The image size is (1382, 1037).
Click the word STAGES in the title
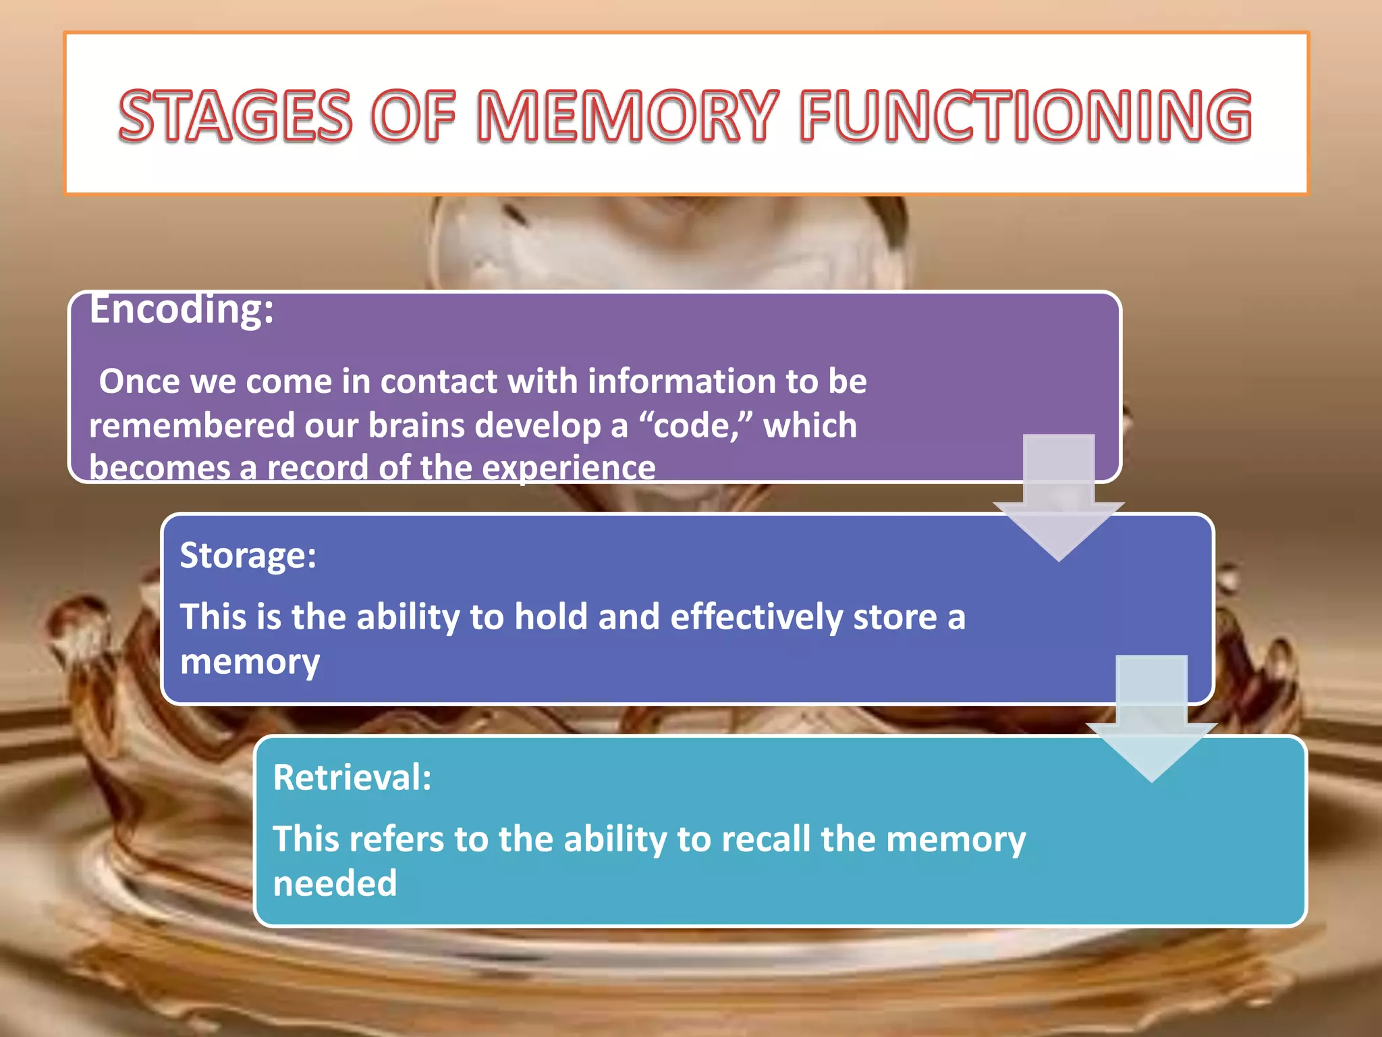pyautogui.click(x=235, y=116)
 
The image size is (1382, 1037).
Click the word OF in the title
pyautogui.click(x=413, y=116)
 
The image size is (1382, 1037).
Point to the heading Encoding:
pyautogui.click(x=182, y=311)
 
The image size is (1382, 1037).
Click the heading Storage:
pyautogui.click(x=248, y=556)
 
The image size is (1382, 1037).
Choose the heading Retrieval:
pyautogui.click(x=352, y=777)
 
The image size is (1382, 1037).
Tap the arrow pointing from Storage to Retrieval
pyautogui.click(x=1151, y=719)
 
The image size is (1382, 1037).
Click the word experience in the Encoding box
pyautogui.click(x=568, y=468)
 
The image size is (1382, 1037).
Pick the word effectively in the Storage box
pyautogui.click(x=756, y=618)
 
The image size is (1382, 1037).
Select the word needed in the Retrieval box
pyautogui.click(x=335, y=883)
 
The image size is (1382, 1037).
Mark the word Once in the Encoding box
pyautogui.click(x=140, y=381)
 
